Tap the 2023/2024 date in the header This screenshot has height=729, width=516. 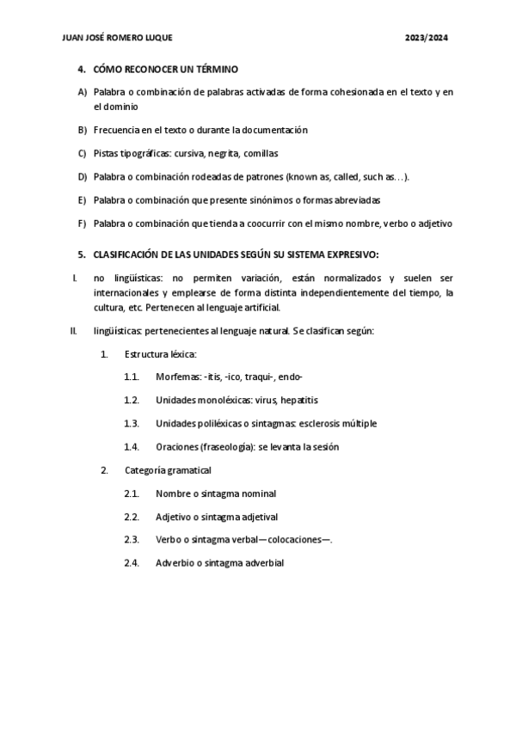pyautogui.click(x=427, y=39)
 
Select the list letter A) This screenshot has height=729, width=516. pyautogui.click(x=83, y=92)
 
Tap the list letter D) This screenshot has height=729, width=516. pyautogui.click(x=83, y=177)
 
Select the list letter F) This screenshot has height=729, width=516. pyautogui.click(x=83, y=224)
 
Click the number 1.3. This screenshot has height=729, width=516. pyautogui.click(x=132, y=424)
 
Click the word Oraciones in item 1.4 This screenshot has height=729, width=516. pyautogui.click(x=176, y=447)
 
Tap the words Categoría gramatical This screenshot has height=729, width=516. pyautogui.click(x=168, y=470)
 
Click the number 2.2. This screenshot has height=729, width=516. pyautogui.click(x=132, y=517)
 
